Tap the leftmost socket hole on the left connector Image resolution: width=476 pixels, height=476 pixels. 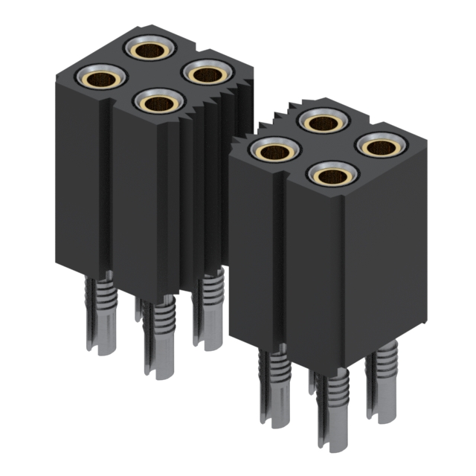[x=100, y=77]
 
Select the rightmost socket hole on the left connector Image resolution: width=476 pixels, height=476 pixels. [x=208, y=74]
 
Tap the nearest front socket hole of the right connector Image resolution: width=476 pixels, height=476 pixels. [x=332, y=175]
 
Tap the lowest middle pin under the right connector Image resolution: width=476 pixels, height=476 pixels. [x=333, y=413]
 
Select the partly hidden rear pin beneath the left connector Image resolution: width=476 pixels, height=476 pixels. [x=139, y=309]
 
